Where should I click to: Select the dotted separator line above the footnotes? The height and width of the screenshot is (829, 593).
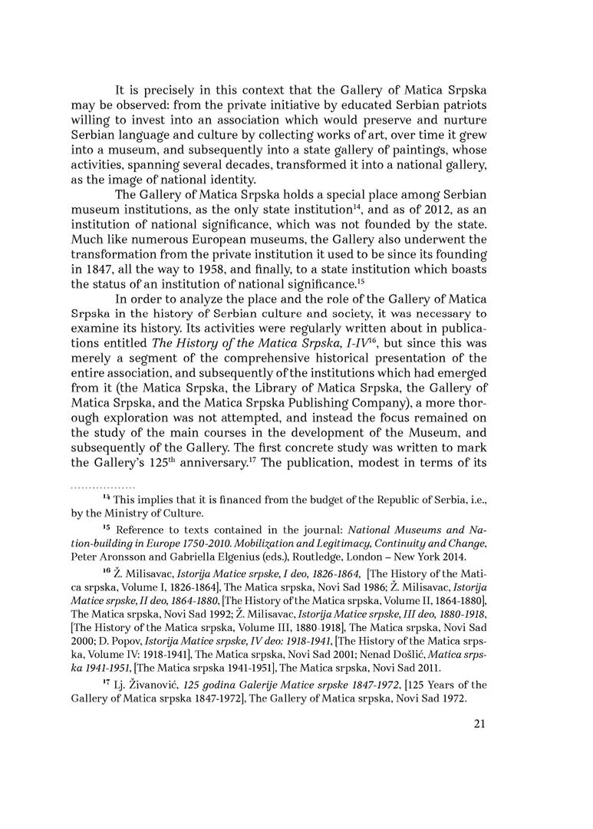(x=102, y=487)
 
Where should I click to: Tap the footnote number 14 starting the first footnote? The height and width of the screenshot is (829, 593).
(x=107, y=499)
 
